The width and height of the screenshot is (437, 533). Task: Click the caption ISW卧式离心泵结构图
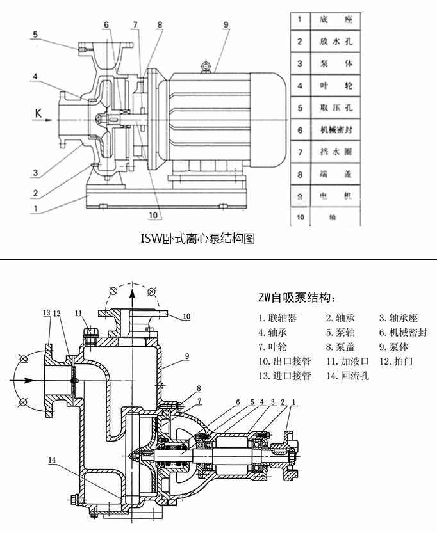tap(197, 239)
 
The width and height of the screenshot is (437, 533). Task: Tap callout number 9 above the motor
tap(226, 25)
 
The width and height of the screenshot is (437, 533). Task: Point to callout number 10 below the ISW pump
tap(153, 215)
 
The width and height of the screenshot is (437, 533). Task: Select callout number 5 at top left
tap(36, 35)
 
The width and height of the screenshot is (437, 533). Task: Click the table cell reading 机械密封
tap(336, 130)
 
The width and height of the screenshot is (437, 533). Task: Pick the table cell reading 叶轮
tap(336, 86)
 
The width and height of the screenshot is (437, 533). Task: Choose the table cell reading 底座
tap(336, 20)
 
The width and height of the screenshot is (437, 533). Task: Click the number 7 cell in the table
tap(299, 152)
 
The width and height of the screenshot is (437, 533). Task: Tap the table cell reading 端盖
tap(336, 174)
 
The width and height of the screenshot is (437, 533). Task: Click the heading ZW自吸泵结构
tap(296, 298)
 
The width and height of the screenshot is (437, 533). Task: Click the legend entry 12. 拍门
tap(397, 362)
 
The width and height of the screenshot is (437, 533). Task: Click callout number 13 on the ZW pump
tap(46, 313)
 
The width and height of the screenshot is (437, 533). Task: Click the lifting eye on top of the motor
tap(206, 67)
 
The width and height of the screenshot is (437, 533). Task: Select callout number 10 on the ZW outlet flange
tap(186, 316)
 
